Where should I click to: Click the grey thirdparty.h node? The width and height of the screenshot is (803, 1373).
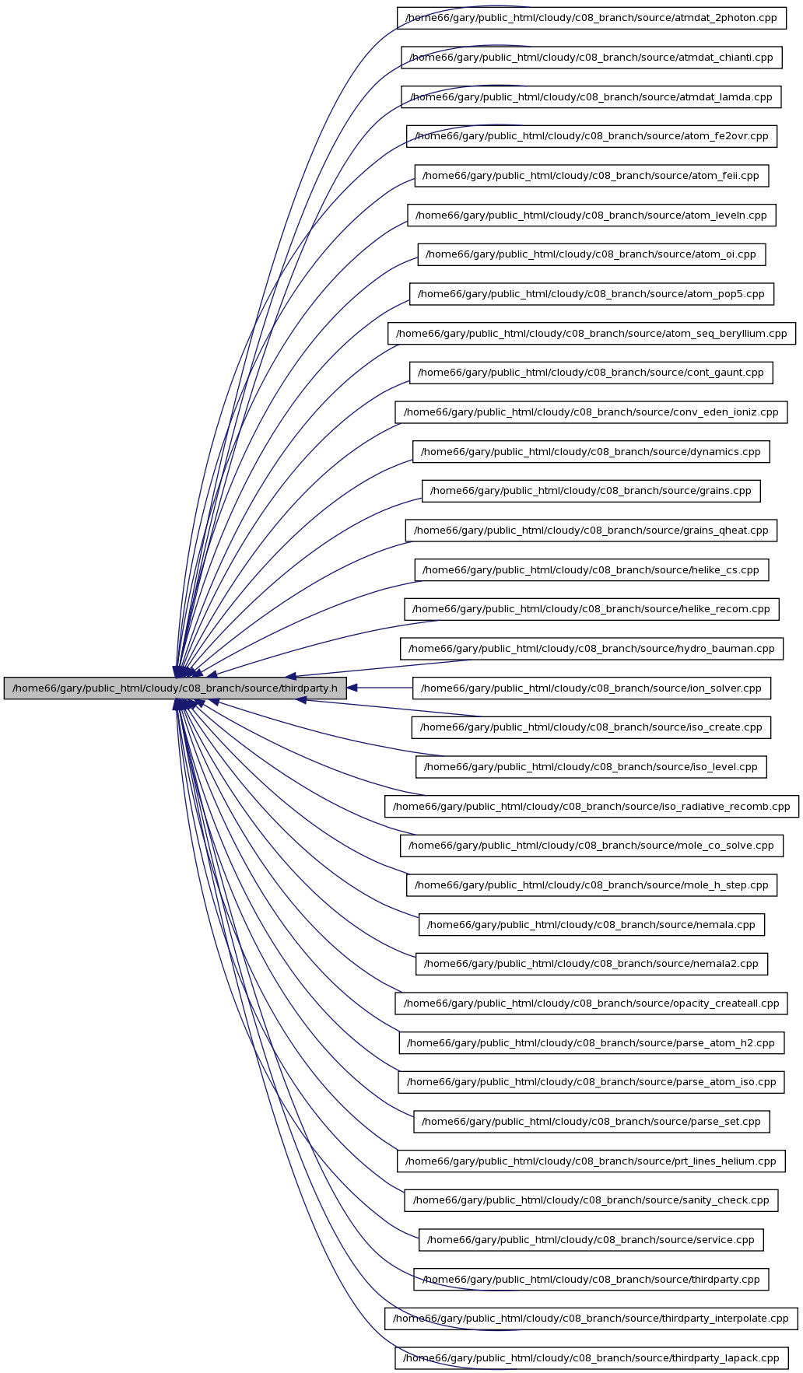[175, 688]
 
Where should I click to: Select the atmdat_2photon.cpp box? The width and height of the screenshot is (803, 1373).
[591, 18]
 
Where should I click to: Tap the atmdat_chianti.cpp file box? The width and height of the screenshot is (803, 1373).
[591, 57]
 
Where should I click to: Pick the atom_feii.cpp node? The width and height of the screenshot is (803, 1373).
[591, 176]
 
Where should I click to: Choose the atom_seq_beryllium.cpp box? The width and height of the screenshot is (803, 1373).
[591, 334]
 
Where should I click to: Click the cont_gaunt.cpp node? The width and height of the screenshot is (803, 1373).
[591, 373]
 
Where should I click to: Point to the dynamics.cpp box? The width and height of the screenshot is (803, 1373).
[591, 452]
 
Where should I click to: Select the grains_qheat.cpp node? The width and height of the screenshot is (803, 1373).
[591, 531]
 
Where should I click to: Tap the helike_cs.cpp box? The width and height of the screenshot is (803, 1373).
[591, 570]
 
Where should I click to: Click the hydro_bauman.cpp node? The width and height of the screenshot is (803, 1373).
[591, 649]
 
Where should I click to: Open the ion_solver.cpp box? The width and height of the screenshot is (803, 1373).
[591, 688]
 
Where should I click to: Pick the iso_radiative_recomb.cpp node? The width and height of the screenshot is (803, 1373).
[591, 807]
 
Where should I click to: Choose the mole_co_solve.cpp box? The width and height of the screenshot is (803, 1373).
[591, 846]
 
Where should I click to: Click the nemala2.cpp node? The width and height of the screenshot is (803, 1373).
[591, 964]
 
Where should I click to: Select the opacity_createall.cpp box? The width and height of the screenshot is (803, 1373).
[591, 1003]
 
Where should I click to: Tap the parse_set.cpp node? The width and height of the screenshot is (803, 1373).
[591, 1122]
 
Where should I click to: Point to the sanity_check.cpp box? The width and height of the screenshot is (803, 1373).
[591, 1200]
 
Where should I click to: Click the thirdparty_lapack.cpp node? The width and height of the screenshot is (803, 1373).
[591, 1358]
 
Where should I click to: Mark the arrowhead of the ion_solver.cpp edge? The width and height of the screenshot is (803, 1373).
[352, 688]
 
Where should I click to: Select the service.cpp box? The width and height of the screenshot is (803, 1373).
[591, 1240]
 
